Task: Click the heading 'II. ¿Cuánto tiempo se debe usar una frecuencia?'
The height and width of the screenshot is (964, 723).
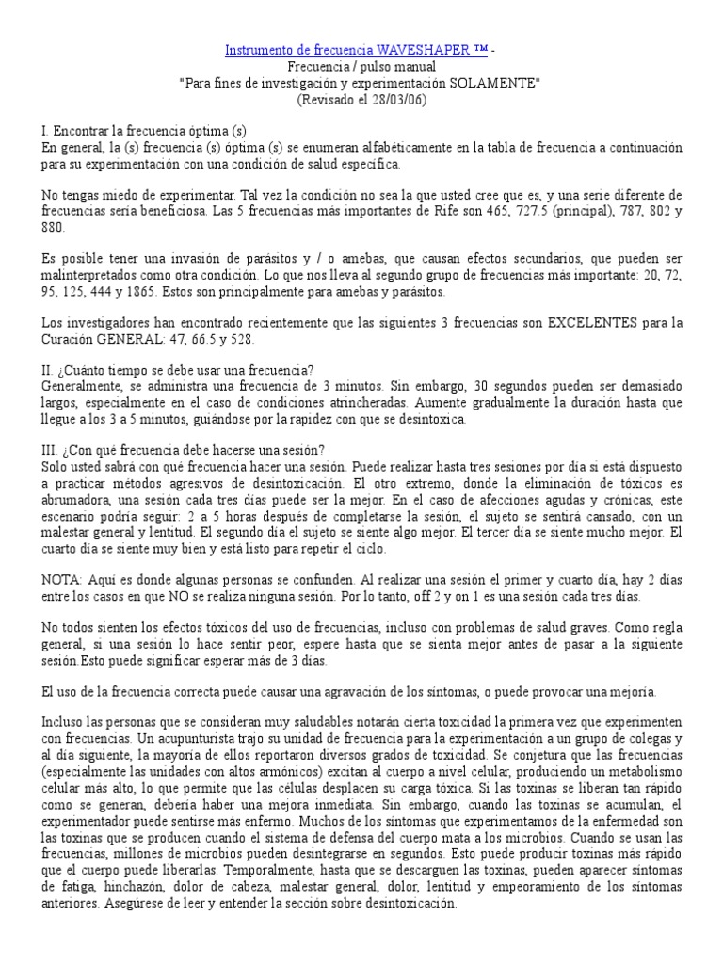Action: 160,369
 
